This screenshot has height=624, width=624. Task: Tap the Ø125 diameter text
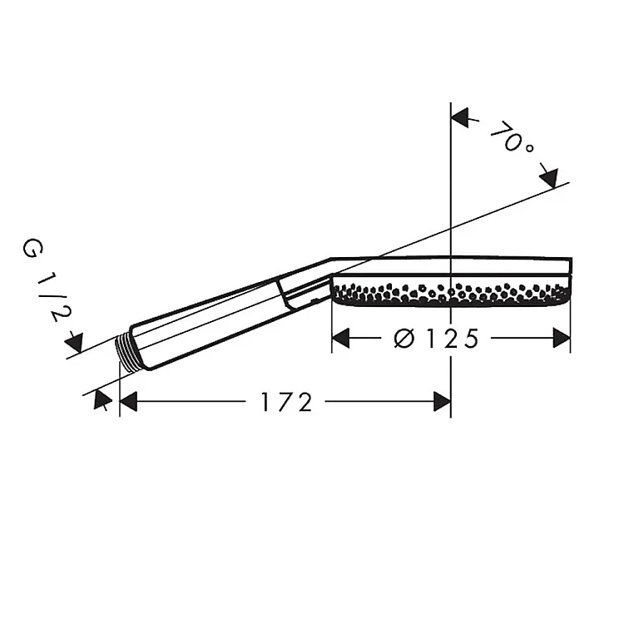click(x=436, y=339)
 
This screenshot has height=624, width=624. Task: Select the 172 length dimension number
click(x=286, y=402)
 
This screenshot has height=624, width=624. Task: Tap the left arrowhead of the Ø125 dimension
click(x=340, y=339)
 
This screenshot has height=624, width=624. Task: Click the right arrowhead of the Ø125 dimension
click(x=562, y=339)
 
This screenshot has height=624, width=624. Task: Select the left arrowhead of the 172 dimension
click(x=128, y=401)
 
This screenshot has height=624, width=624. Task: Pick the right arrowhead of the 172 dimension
click(x=442, y=401)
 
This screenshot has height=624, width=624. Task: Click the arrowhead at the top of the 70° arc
click(x=459, y=118)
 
